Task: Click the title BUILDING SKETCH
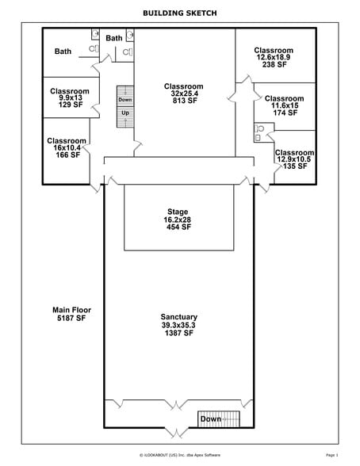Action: click(179, 13)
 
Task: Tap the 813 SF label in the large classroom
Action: click(183, 101)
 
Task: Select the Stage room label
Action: click(178, 212)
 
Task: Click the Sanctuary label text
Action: click(178, 317)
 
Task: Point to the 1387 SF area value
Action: click(178, 333)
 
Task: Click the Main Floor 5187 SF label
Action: click(69, 313)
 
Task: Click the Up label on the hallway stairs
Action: click(124, 113)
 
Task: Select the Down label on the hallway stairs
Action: click(124, 100)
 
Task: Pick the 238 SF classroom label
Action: click(274, 65)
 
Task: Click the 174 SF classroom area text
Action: click(284, 113)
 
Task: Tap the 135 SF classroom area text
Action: click(294, 167)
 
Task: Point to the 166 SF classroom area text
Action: click(67, 155)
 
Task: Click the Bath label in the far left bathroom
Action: click(63, 52)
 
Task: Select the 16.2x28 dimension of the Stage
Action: click(178, 220)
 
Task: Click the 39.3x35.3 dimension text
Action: click(178, 325)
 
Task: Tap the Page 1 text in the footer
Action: click(331, 455)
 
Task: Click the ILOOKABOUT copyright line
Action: click(179, 455)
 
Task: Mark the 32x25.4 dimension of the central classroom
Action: click(183, 94)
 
